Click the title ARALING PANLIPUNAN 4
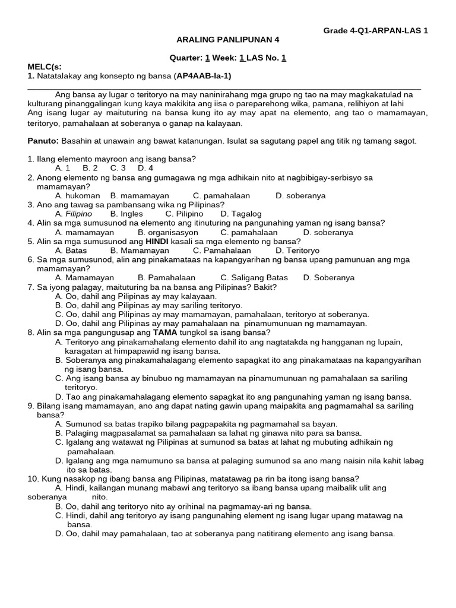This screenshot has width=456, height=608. tap(228, 40)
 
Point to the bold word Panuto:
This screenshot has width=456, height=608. tap(43, 141)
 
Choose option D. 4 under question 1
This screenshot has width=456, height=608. tap(145, 168)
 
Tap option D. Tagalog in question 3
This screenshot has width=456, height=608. tap(240, 214)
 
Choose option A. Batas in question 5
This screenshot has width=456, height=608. tap(71, 251)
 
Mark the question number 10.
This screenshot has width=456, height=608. tap(33, 479)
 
